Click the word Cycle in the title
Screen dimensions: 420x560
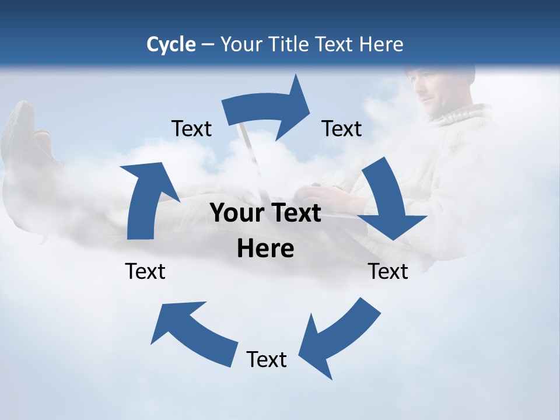171,44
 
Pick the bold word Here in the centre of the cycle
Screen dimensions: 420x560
265,249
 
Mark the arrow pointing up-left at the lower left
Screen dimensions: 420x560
192,332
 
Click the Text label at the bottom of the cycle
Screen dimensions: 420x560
267,359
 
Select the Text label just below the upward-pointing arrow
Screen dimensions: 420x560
145,271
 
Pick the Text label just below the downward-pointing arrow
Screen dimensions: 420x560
388,271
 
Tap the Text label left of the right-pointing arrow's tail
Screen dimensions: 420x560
191,128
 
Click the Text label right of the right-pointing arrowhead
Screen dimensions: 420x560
342,128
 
